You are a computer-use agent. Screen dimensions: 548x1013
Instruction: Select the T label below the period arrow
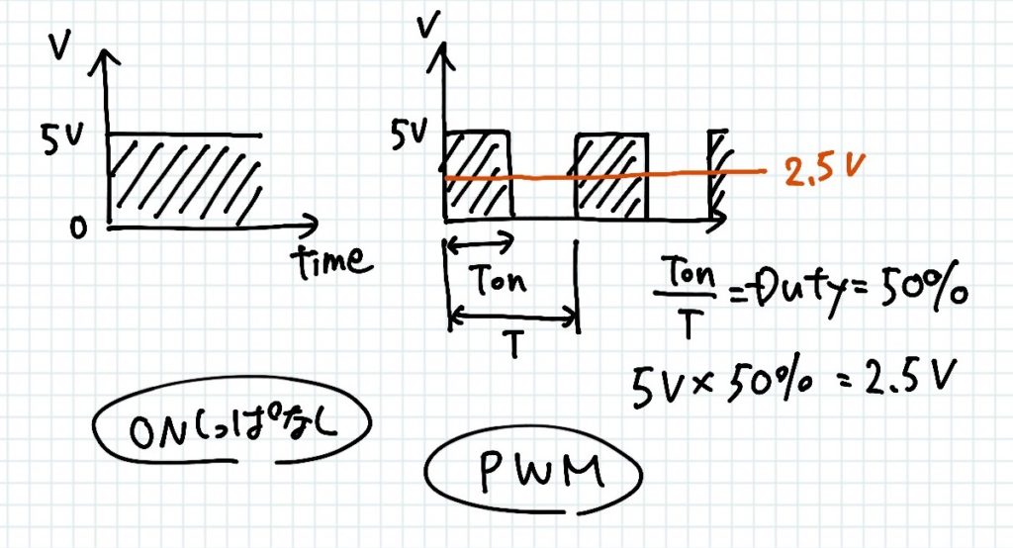[x=511, y=343]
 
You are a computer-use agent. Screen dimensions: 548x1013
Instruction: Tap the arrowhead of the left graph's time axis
[x=313, y=223]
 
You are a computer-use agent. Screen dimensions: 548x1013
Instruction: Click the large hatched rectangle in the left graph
[x=184, y=178]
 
